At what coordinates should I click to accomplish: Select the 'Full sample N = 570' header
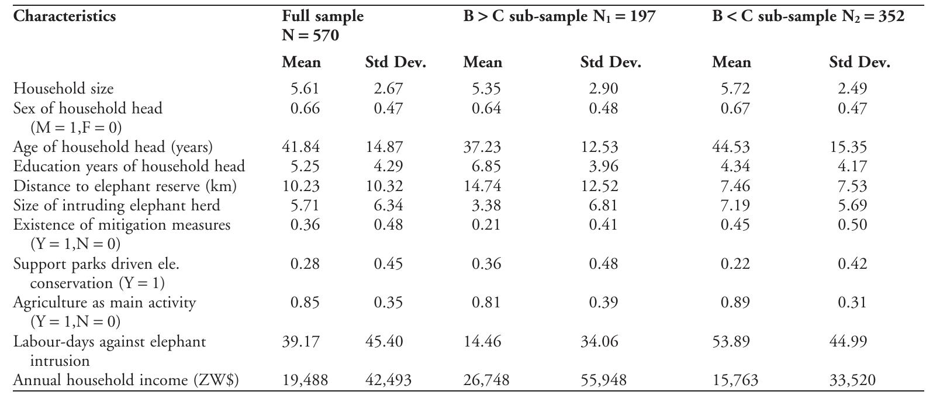coord(322,26)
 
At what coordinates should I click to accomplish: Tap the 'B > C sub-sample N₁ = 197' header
coord(559,16)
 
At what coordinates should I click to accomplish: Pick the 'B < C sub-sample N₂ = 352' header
coord(808,16)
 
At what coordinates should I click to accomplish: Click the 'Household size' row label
coord(64,89)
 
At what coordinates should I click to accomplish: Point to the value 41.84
coord(301,147)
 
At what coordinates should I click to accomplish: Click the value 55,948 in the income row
coord(603,380)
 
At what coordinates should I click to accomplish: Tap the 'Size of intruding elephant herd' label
coord(117,206)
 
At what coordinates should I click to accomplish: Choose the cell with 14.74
coord(482,186)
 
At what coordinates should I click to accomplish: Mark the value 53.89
coord(731,341)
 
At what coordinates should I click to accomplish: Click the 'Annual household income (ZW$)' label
coord(126,380)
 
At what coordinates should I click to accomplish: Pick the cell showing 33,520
coord(852,380)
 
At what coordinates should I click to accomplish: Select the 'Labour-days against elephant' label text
coord(110,341)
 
